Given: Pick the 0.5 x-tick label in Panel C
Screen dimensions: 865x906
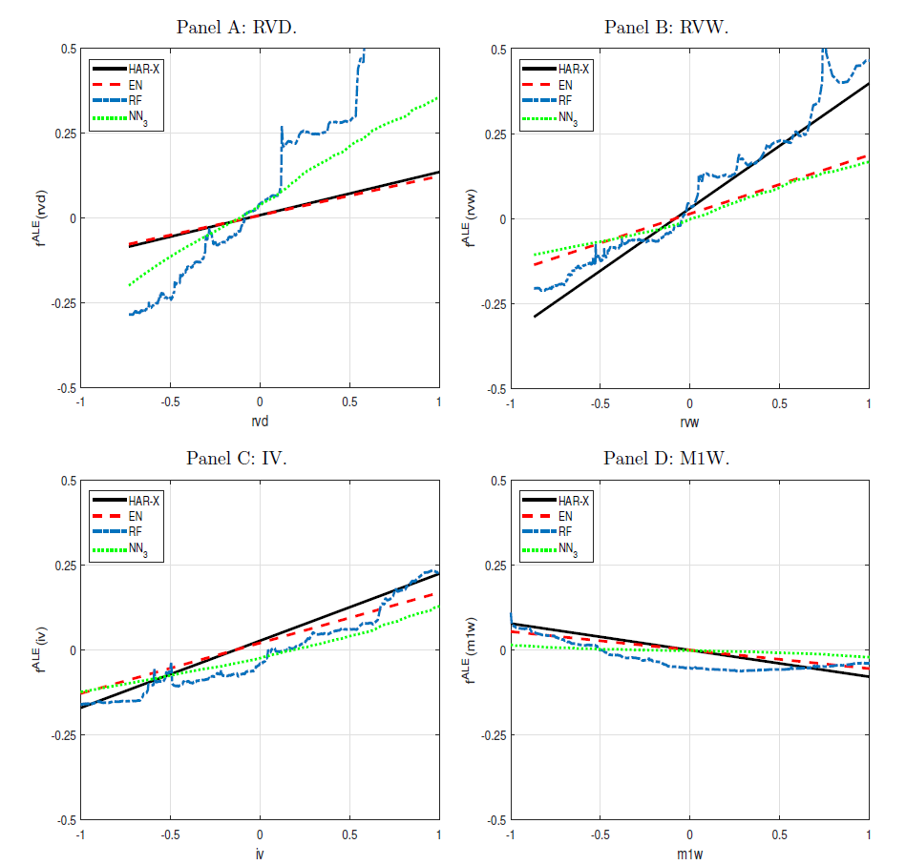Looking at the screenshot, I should [x=349, y=833].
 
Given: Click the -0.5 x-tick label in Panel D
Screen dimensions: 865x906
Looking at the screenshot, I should [x=599, y=833].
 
